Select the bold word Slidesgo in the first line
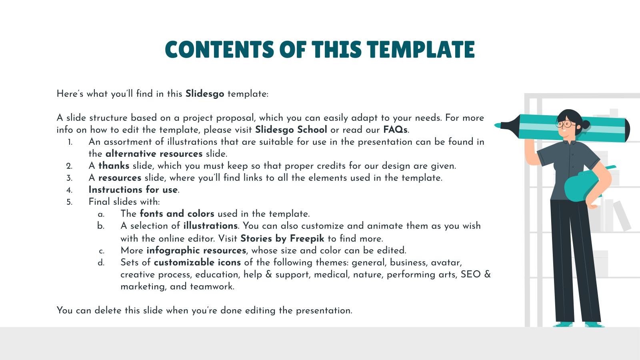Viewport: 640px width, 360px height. coord(204,94)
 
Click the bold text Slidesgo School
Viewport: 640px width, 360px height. coord(291,130)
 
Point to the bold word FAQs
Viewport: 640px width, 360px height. coord(395,130)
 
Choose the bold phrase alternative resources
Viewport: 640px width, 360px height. coord(154,154)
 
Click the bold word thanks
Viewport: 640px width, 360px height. coord(114,166)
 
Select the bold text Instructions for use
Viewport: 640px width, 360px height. coord(133,190)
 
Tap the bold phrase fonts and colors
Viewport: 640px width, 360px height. coord(177,214)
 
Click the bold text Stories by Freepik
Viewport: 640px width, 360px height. coord(282,238)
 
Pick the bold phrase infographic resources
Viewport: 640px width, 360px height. coord(196,250)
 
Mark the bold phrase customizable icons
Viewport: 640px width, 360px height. coord(197,262)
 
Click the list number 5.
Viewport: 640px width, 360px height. coord(70,202)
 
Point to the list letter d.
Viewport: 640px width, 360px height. coord(101,263)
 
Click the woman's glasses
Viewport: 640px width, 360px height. coord(565,124)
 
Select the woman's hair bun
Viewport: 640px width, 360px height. coord(586,124)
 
